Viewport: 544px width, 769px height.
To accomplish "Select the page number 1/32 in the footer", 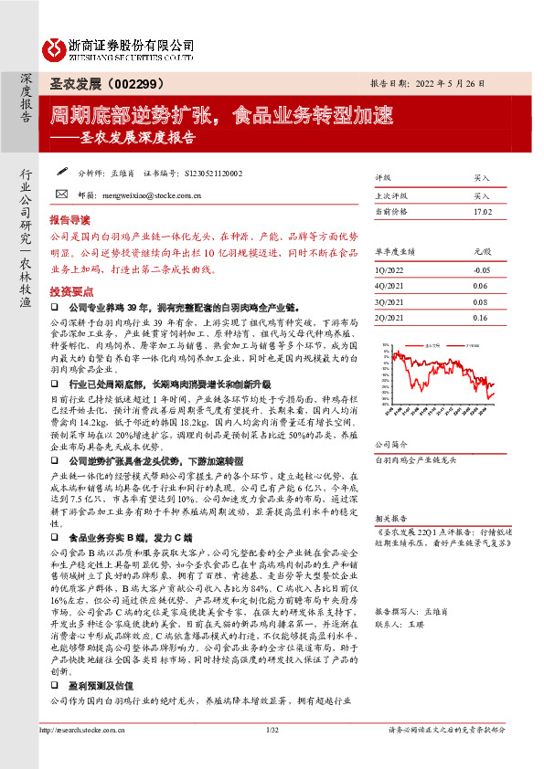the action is [x=272, y=755].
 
